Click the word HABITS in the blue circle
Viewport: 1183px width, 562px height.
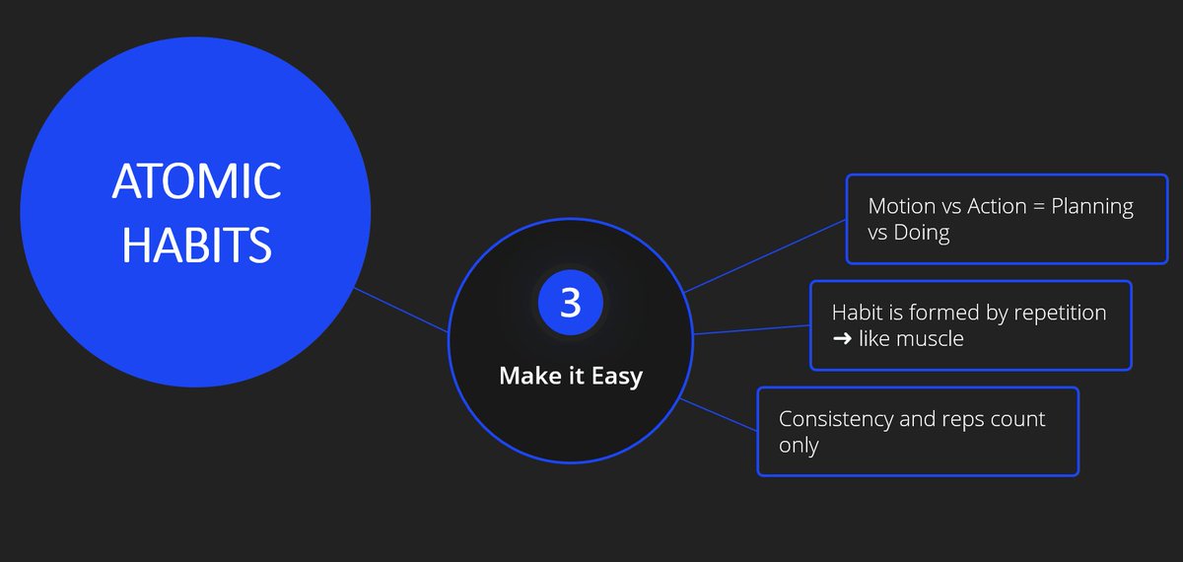(196, 244)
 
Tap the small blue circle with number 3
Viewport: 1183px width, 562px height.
(570, 303)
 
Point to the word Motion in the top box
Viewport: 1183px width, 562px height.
(902, 207)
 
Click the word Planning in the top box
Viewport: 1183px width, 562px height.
(1092, 207)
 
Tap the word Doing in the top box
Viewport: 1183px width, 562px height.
(921, 233)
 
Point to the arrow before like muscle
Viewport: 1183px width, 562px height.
(844, 339)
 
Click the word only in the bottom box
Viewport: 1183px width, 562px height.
(799, 445)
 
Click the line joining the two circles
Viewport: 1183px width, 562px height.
(402, 310)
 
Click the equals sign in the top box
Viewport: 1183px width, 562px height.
(1038, 207)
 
